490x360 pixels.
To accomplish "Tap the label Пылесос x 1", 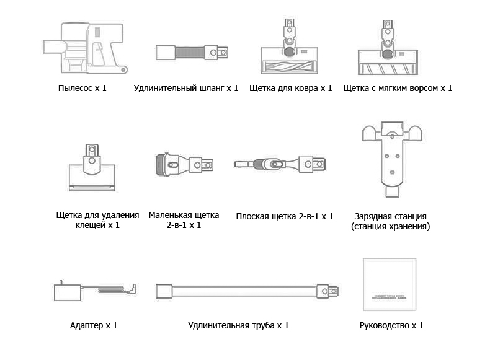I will (82, 88).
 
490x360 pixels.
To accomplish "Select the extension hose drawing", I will (192, 51).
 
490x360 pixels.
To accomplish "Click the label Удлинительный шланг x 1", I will (186, 88).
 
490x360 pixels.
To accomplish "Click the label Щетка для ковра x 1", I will (291, 88).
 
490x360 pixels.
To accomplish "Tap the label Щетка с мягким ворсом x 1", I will (398, 88).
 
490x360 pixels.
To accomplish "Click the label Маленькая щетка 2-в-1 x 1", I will (184, 221).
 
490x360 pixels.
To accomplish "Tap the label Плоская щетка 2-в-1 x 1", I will (285, 216).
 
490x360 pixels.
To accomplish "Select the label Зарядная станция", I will (390, 216).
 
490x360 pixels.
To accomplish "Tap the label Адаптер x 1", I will (94, 325).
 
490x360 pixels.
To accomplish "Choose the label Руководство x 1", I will (391, 325).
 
